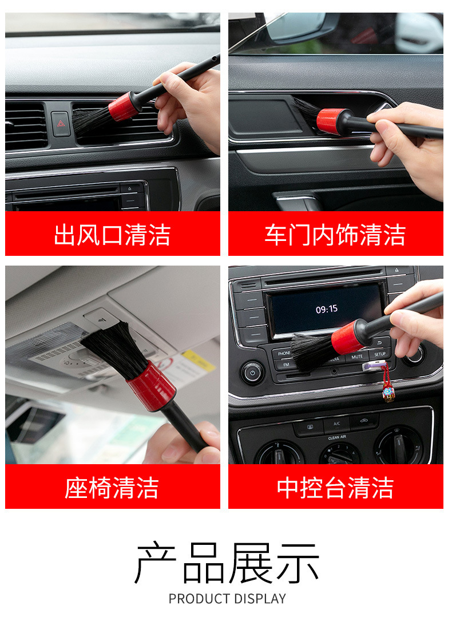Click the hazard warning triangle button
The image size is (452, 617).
[x=61, y=124]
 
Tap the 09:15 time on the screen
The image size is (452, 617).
[x=327, y=309]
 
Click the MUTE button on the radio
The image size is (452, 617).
[x=357, y=357]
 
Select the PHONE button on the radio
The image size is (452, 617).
[x=284, y=353]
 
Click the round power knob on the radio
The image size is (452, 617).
[x=252, y=372]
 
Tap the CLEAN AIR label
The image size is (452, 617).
[x=337, y=437]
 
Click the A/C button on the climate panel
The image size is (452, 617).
[x=337, y=424]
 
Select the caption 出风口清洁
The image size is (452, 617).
[x=112, y=235]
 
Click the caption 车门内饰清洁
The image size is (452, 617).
[x=335, y=235]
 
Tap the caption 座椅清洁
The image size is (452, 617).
[x=112, y=488]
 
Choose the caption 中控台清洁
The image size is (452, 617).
[x=335, y=488]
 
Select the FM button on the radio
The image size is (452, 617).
[x=286, y=365]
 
